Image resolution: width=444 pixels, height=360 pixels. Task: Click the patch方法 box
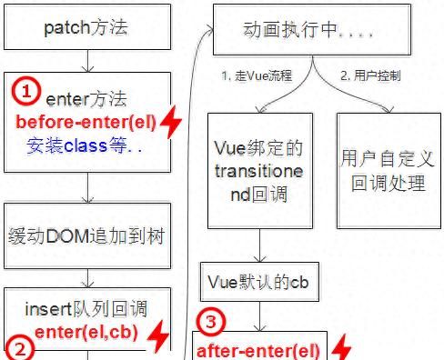(x=87, y=26)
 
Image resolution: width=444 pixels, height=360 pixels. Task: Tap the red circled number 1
(x=28, y=91)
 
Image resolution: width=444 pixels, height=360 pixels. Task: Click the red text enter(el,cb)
(x=86, y=334)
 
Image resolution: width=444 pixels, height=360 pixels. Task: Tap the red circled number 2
(x=23, y=347)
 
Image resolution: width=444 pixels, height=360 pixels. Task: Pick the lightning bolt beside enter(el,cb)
(x=158, y=335)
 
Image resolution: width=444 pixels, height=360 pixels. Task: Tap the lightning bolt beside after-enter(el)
(x=341, y=349)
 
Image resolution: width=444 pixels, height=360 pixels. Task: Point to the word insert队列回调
(x=86, y=309)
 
